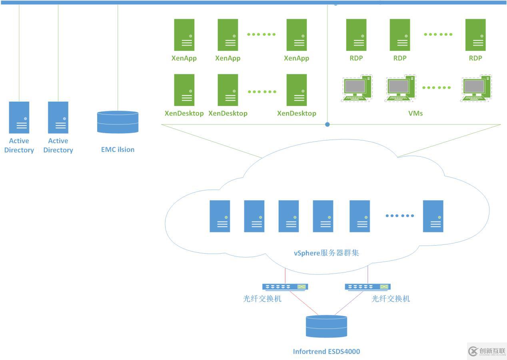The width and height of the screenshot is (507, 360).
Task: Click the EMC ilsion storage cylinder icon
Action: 118,122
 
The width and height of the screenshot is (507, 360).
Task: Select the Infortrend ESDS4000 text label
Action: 326,352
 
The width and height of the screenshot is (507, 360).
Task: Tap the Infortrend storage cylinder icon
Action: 326,326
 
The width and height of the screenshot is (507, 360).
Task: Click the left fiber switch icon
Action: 285,287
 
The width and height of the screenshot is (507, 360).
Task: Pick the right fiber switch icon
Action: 367,287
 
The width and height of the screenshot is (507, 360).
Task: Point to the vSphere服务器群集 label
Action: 326,253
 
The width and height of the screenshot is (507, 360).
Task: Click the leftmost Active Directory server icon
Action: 19,117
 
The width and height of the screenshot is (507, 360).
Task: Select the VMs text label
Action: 415,113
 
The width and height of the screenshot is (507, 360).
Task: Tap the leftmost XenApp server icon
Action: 184,35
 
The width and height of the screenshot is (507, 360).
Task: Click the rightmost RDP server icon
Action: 475,35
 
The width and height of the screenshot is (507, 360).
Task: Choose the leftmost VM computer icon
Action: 356,88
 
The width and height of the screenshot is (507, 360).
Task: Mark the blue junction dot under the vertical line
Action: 327,124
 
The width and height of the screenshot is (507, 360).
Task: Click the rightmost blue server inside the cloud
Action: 433,216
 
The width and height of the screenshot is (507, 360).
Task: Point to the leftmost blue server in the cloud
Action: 220,216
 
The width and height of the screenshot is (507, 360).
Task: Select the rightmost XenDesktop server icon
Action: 297,90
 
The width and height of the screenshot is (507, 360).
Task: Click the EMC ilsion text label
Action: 118,150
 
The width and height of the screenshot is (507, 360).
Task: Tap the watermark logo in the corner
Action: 487,351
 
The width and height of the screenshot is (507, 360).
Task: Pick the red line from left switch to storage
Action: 304,303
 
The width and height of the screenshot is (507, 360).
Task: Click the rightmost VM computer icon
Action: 476,88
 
